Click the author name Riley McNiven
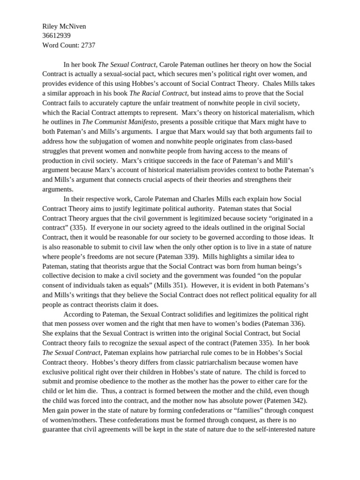click(64, 27)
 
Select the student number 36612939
click(56, 36)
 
